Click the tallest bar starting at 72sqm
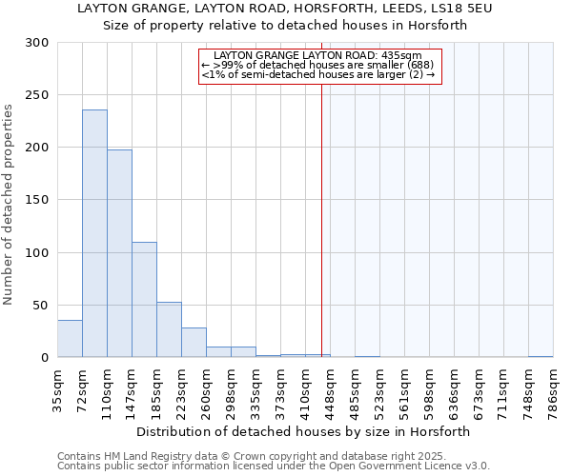94,233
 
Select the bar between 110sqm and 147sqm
119,253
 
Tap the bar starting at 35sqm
70,339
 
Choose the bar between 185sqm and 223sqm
169,329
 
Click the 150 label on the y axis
38,200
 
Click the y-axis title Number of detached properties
10,205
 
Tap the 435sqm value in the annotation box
417,55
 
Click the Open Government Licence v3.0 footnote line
274,466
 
